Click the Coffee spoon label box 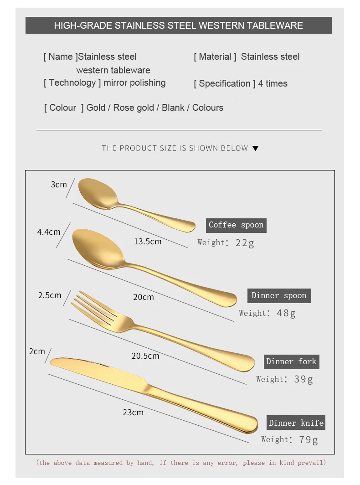[x=236, y=226]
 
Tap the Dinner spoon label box [x=279, y=296]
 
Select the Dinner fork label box [x=291, y=361]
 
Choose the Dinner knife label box [x=296, y=423]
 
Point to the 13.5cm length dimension [x=148, y=242]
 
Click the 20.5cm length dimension [x=145, y=356]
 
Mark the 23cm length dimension [x=133, y=413]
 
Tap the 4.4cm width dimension [x=49, y=232]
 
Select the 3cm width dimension [x=59, y=184]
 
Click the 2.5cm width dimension [x=50, y=295]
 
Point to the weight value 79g [x=309, y=440]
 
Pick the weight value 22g [x=245, y=243]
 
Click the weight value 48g [x=286, y=313]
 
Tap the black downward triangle [x=256, y=148]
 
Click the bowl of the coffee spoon [x=98, y=193]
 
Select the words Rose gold [x=134, y=108]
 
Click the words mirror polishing [x=134, y=83]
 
